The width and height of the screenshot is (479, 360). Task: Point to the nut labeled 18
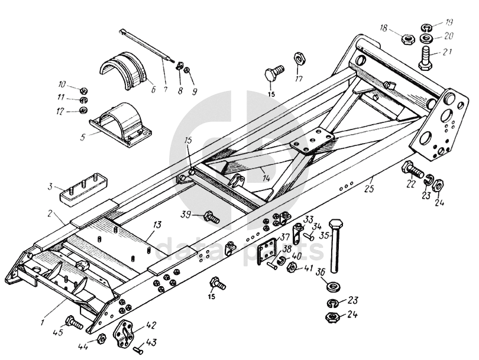click(x=407, y=40)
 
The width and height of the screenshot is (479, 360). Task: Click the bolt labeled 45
click(x=74, y=323)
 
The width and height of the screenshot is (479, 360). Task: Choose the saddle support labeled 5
click(x=121, y=122)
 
